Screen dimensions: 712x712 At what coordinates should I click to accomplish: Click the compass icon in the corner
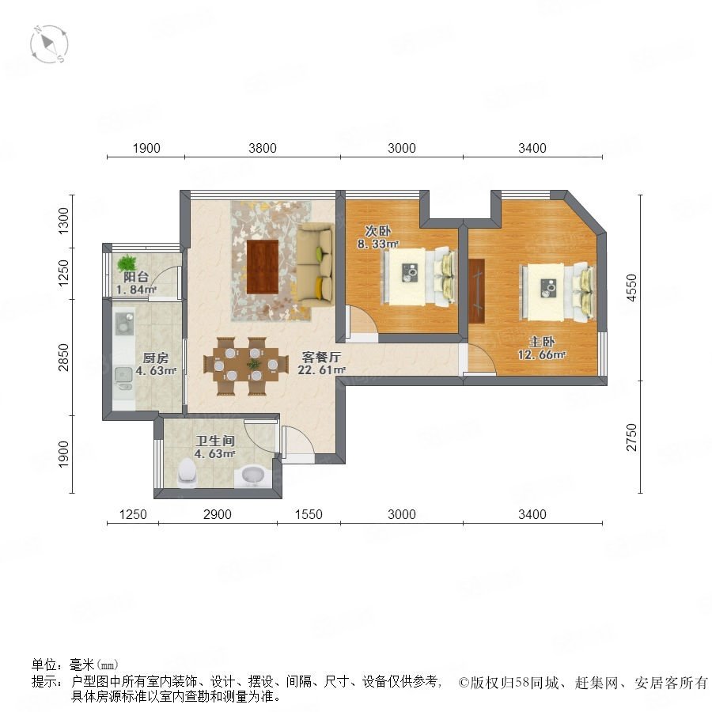pyautogui.click(x=49, y=44)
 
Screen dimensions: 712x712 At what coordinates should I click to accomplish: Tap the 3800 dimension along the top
pyautogui.click(x=263, y=148)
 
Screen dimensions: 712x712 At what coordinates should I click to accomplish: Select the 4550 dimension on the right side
pyautogui.click(x=631, y=287)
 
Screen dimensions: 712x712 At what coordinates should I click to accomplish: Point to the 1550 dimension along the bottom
pyautogui.click(x=309, y=514)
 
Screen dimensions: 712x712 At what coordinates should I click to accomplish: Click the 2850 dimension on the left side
pyautogui.click(x=63, y=358)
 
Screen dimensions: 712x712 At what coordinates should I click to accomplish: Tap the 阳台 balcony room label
pyautogui.click(x=136, y=277)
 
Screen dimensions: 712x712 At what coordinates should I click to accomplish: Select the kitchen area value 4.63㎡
pyautogui.click(x=156, y=370)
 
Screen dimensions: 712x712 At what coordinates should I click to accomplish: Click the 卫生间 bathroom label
pyautogui.click(x=214, y=441)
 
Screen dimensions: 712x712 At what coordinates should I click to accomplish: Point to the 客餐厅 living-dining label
pyautogui.click(x=321, y=358)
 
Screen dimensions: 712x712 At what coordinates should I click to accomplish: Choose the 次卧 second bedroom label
pyautogui.click(x=378, y=231)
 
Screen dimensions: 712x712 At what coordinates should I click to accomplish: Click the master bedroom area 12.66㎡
pyautogui.click(x=542, y=354)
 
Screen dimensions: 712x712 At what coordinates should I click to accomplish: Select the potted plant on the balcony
pyautogui.click(x=127, y=263)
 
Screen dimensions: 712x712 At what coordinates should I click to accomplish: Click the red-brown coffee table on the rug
pyautogui.click(x=263, y=267)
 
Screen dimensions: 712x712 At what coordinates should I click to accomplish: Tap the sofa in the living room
pyautogui.click(x=315, y=266)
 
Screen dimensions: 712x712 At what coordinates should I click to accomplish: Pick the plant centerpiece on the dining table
pyautogui.click(x=253, y=364)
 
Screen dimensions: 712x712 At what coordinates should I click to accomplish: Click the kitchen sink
pyautogui.click(x=123, y=373)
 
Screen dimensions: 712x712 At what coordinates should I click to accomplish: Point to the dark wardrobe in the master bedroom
pyautogui.click(x=477, y=291)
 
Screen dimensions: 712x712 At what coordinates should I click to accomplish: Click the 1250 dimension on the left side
pyautogui.click(x=63, y=273)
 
